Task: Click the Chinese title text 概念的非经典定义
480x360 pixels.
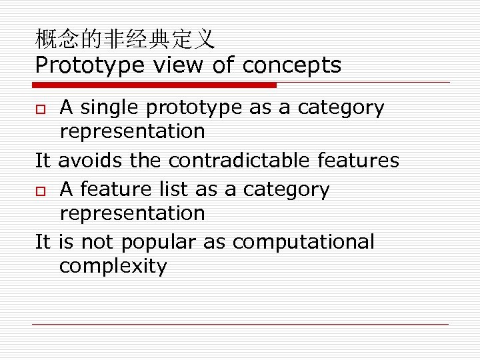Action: (125, 40)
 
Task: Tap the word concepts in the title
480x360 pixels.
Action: (292, 65)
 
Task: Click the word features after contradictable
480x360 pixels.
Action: (358, 161)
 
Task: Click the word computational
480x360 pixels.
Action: (303, 242)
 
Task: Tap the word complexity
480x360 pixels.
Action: (113, 267)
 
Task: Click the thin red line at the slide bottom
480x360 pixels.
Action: (240, 325)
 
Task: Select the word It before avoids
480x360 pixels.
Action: (43, 161)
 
